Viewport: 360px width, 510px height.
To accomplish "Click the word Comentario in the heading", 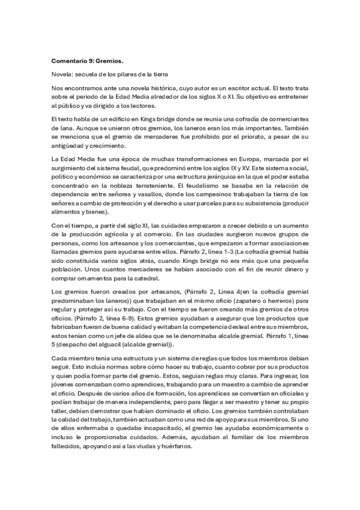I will pos(70,61).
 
